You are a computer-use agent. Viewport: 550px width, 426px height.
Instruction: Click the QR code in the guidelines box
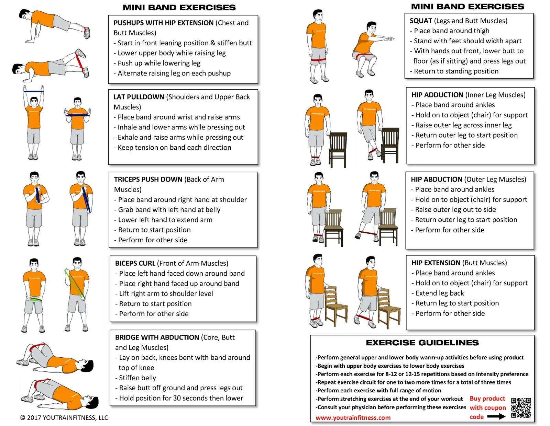521,407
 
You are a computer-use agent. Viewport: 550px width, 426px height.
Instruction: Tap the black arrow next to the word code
496,417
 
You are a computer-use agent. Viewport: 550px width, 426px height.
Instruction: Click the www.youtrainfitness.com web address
353,418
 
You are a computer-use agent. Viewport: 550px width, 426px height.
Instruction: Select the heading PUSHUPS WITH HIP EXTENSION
163,23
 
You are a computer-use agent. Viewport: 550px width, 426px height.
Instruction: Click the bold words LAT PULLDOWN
139,97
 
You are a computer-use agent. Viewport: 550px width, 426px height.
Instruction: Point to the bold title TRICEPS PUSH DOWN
148,180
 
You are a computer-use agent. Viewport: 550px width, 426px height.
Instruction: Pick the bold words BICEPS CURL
135,263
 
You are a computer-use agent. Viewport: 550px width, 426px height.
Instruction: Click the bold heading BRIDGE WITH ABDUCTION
157,337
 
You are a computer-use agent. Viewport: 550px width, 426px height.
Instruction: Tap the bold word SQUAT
420,21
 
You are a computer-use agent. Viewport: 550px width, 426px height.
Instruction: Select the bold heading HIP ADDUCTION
437,95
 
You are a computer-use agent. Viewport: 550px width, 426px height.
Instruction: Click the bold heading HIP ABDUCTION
436,180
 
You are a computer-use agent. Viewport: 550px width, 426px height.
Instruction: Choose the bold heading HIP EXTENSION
436,263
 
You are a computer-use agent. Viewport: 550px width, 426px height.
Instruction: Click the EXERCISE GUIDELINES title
422,343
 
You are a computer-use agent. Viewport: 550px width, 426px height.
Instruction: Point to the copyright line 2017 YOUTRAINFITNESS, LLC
64,418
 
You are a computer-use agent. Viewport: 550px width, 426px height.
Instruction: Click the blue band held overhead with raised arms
34,92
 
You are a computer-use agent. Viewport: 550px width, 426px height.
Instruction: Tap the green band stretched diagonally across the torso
75,284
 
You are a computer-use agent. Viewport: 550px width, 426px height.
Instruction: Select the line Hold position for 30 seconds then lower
181,398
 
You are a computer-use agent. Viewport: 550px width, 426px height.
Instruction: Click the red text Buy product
487,399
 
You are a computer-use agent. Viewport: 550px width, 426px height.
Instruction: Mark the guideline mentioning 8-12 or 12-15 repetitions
422,374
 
